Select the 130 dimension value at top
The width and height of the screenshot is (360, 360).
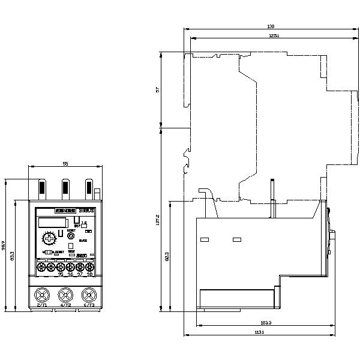coord(271,26)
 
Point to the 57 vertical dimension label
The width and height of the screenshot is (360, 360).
coord(158,89)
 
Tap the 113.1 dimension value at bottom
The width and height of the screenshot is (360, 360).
coord(259,332)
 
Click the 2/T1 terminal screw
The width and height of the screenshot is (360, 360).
coord(43,295)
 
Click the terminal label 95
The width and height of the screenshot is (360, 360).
coord(61,274)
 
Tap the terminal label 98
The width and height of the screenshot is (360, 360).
coord(89,274)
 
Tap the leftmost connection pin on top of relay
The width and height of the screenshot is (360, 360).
coord(43,188)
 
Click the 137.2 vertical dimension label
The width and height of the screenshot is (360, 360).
coord(158,220)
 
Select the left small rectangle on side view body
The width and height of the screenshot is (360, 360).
coord(204,241)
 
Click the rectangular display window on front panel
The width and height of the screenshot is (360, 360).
coord(50,222)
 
